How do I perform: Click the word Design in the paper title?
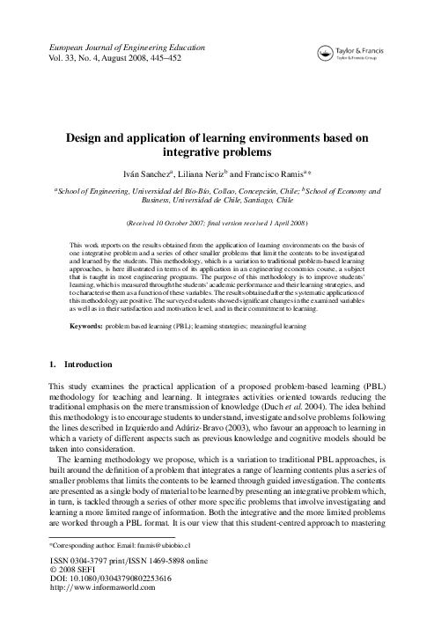85,138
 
